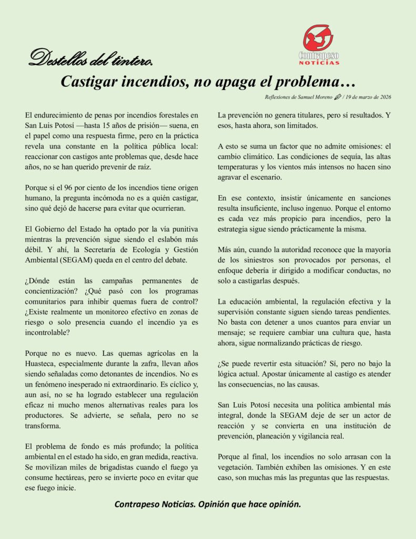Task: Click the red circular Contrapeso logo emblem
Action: pos(318,37)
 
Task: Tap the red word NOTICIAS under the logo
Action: pos(319,62)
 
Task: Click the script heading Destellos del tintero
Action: pos(90,58)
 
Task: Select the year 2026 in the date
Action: pos(383,97)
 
